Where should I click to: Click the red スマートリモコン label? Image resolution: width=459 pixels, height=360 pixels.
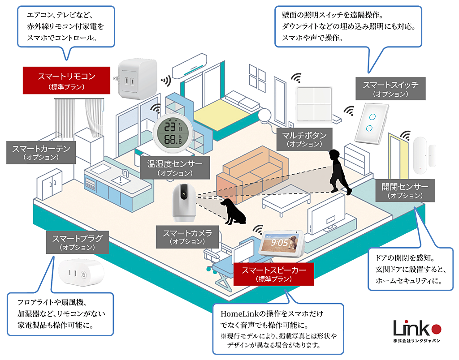66,79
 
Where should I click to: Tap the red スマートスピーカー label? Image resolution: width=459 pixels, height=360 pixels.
273,274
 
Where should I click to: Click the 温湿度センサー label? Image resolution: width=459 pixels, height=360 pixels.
175,167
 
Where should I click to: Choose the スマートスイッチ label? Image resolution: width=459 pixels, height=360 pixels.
390,88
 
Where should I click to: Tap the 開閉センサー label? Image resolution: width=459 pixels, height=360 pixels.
405,190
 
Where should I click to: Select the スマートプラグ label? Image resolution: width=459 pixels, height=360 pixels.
77,242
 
